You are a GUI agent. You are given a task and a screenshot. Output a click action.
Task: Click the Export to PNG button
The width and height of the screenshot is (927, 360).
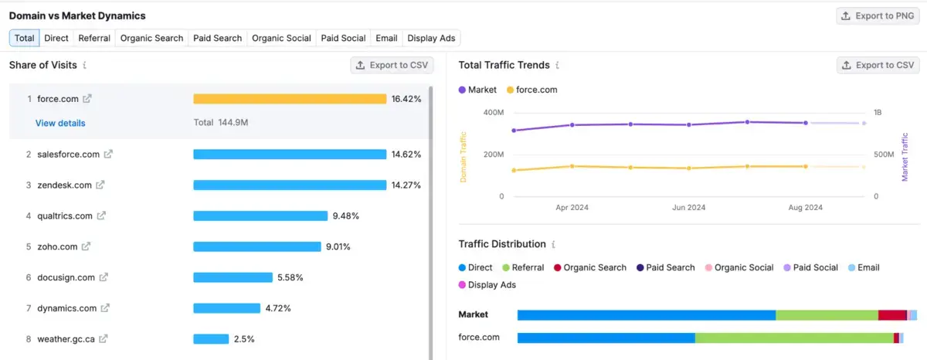click(x=878, y=15)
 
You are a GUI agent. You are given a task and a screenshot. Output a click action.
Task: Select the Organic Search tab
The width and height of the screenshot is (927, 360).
click(x=152, y=38)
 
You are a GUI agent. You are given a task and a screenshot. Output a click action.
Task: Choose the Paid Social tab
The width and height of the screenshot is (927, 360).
click(x=343, y=38)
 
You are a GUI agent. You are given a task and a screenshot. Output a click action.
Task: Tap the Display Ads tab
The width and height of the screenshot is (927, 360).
click(x=431, y=38)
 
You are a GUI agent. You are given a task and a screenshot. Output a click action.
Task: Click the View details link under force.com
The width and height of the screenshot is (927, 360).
click(x=60, y=123)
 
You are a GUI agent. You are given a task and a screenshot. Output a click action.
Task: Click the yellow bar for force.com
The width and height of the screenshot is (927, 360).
click(x=290, y=99)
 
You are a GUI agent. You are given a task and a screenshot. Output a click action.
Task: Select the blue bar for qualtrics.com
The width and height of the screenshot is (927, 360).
click(x=260, y=216)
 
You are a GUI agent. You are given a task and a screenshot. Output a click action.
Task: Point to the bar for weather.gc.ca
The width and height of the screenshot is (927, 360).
click(x=211, y=339)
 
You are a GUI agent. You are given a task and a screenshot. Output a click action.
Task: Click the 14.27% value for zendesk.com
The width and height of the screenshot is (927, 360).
click(x=406, y=185)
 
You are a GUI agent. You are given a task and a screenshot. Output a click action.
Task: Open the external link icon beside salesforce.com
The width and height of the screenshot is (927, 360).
click(x=108, y=155)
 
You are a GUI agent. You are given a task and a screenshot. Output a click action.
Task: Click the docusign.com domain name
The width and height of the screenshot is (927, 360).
click(x=66, y=277)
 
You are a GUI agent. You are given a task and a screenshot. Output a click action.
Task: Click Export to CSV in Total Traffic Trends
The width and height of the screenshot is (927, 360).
click(x=878, y=65)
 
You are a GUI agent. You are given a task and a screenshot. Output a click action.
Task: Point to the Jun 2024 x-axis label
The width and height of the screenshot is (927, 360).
click(x=688, y=208)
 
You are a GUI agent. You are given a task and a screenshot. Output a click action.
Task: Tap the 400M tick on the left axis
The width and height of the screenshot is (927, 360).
click(x=493, y=114)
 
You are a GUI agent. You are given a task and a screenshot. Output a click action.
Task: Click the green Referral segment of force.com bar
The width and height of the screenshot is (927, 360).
click(x=794, y=338)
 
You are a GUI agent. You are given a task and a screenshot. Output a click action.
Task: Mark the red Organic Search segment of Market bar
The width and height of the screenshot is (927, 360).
click(x=892, y=315)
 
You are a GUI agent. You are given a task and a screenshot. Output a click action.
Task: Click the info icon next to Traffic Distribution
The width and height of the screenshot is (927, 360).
click(x=553, y=244)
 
